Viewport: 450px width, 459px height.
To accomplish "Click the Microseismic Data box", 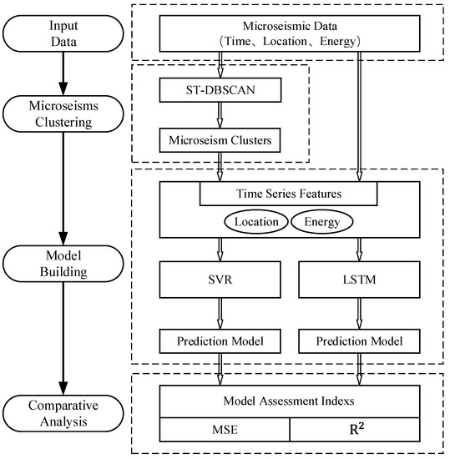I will coord(288,33).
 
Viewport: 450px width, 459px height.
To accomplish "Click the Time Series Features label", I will coord(288,193).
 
